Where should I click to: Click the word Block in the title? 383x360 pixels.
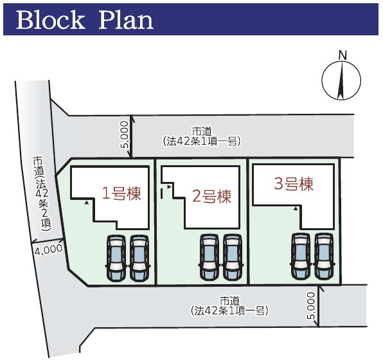coord(50,20)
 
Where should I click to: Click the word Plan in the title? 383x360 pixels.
coord(126,20)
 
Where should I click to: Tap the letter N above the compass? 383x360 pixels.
coord(343,55)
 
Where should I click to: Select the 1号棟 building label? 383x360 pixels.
coord(121,194)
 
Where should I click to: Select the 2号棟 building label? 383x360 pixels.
coord(211,197)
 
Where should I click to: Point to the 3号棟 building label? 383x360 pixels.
coord(294,184)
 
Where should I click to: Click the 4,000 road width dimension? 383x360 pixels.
coord(48,249)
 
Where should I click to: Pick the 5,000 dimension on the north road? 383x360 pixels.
coord(124,134)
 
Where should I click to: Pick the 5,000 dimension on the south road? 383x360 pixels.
coord(311,306)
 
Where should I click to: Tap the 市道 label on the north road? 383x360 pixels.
coord(202,132)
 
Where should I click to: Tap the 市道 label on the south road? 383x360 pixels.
coord(229,301)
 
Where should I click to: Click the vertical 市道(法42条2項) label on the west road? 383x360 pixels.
coord(42,194)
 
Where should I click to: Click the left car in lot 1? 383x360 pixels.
coord(116,258)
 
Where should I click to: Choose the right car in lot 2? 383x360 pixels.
coord(233,258)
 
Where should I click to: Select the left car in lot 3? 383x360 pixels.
coord(301,256)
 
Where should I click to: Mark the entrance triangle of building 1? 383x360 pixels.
coord(86,203)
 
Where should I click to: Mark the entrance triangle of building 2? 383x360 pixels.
coord(169,187)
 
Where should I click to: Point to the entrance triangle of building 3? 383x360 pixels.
coord(296,208)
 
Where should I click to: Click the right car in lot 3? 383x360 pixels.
coord(324,256)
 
